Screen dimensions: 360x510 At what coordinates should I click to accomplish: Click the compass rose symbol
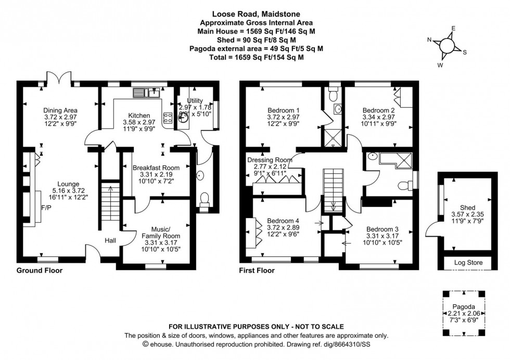pyautogui.click(x=447, y=46)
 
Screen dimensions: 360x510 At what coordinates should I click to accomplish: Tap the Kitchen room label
pyautogui.click(x=139, y=115)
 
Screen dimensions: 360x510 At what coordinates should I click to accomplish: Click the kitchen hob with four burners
pyautogui.click(x=169, y=118)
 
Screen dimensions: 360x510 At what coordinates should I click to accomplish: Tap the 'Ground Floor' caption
pyautogui.click(x=40, y=271)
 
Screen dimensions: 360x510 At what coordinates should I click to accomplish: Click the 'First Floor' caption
pyautogui.click(x=257, y=271)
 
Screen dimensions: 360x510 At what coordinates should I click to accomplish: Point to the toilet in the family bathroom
pyautogui.click(x=403, y=185)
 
